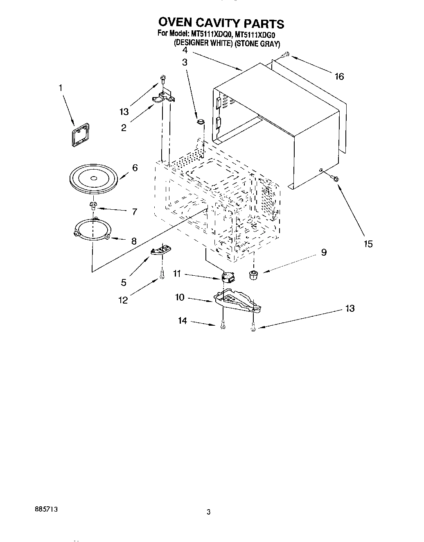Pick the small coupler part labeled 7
(93, 205)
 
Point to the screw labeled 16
(286, 54)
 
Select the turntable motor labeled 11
(227, 277)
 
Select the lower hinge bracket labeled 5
(162, 250)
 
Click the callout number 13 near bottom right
(350, 308)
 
